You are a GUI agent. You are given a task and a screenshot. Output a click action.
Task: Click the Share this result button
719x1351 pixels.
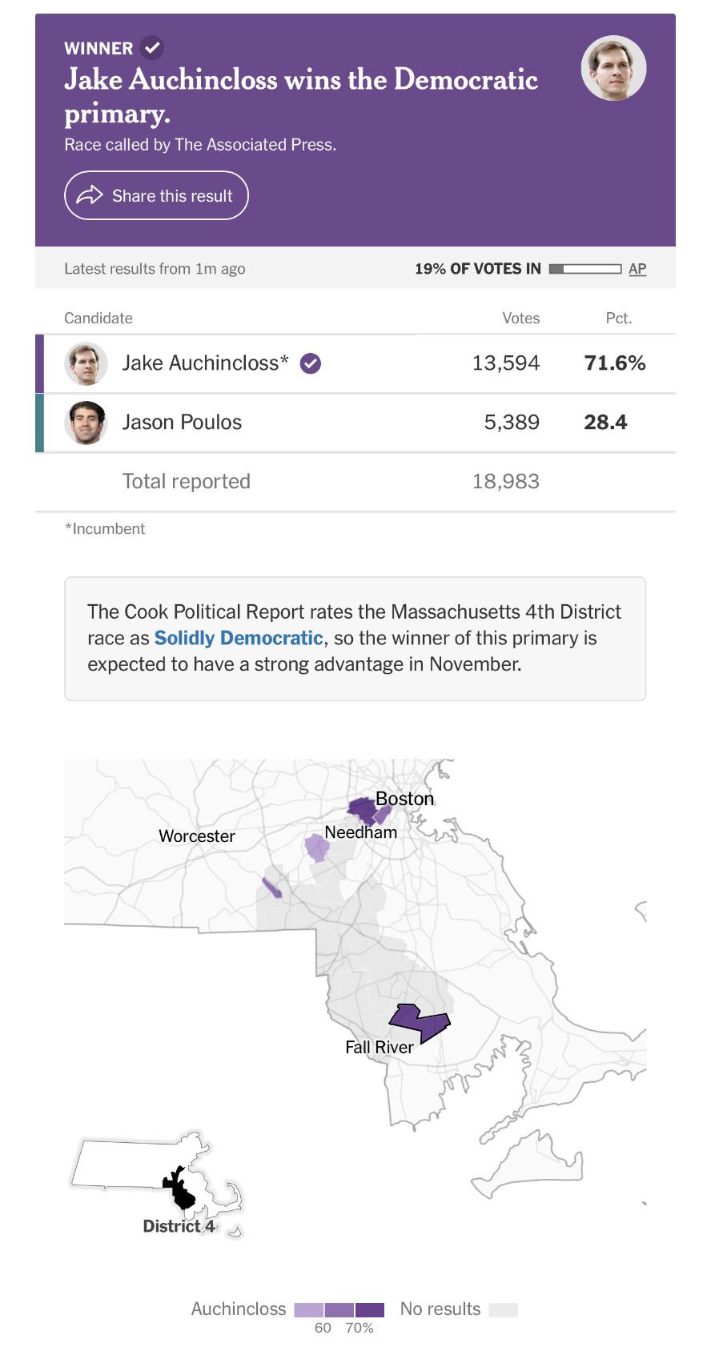(156, 195)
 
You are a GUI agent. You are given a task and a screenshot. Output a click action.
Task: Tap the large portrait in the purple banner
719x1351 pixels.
(613, 67)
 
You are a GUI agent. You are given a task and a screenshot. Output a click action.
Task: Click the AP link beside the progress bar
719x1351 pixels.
(637, 268)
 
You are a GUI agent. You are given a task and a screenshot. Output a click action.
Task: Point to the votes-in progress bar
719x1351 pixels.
(584, 268)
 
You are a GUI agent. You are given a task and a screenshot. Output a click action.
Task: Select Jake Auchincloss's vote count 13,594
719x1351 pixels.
(505, 363)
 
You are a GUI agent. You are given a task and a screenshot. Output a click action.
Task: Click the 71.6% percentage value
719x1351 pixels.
(615, 363)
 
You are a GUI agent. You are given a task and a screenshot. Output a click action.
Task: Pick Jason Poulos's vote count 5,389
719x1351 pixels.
(512, 422)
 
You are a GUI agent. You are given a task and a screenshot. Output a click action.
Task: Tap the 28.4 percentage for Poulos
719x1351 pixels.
(605, 422)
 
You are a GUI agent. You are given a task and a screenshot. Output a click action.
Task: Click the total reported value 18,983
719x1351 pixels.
(505, 481)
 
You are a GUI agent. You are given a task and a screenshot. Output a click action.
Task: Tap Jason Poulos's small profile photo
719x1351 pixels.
(86, 423)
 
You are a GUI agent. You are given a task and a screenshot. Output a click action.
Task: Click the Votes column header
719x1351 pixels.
(520, 318)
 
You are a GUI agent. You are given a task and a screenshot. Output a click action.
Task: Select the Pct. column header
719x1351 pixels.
(619, 318)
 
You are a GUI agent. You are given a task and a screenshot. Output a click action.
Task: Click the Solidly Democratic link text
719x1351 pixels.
(239, 638)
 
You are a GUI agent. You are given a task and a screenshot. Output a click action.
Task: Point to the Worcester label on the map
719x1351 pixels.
(197, 836)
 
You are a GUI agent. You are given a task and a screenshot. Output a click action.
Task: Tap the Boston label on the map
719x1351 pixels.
(405, 799)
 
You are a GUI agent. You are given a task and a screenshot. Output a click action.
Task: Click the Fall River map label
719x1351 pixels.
(379, 1047)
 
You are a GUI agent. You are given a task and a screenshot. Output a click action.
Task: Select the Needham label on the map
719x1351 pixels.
(361, 832)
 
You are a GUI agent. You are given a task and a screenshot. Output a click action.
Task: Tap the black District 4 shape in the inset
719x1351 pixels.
(179, 1189)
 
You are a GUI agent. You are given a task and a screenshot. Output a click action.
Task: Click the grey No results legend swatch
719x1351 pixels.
(503, 1309)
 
